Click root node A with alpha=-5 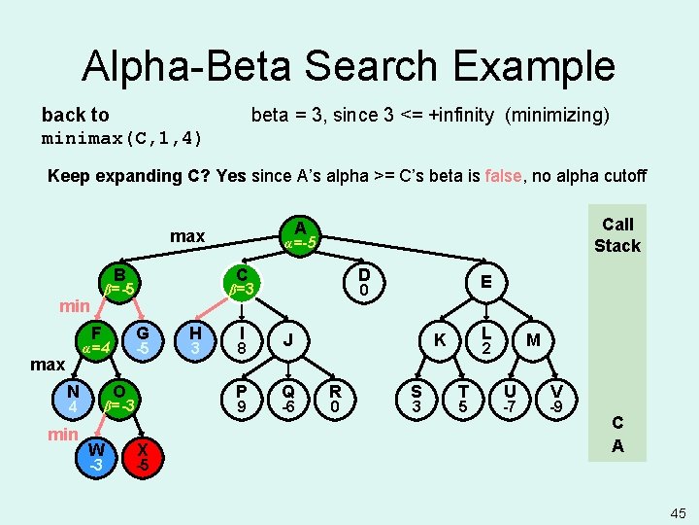[x=300, y=234]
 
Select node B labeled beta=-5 [x=119, y=281]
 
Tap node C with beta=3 [x=242, y=281]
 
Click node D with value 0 [x=363, y=281]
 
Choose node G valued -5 [x=142, y=339]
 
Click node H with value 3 [x=195, y=339]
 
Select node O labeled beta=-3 [x=119, y=397]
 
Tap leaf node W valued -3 [x=95, y=456]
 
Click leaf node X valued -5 [x=143, y=456]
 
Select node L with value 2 [x=488, y=339]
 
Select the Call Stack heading [x=617, y=235]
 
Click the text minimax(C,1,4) [x=122, y=138]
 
